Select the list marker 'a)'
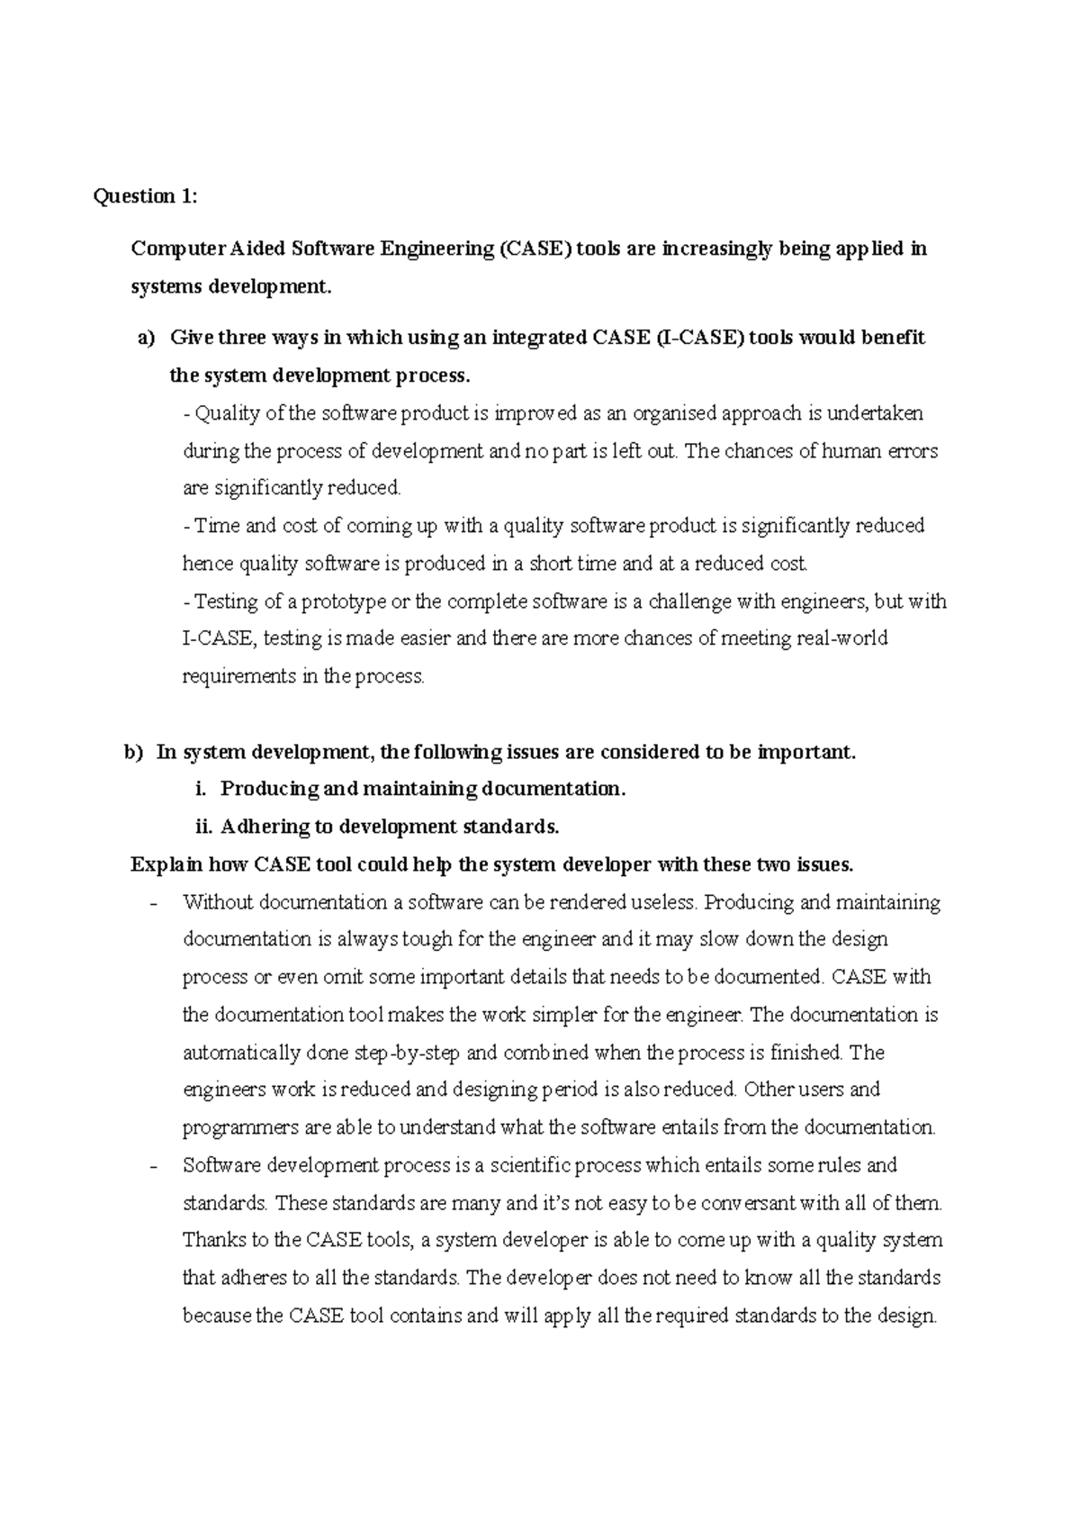(146, 338)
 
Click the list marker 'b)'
(133, 752)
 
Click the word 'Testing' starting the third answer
(226, 602)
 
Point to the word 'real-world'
(842, 639)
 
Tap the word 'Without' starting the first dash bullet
(216, 902)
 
